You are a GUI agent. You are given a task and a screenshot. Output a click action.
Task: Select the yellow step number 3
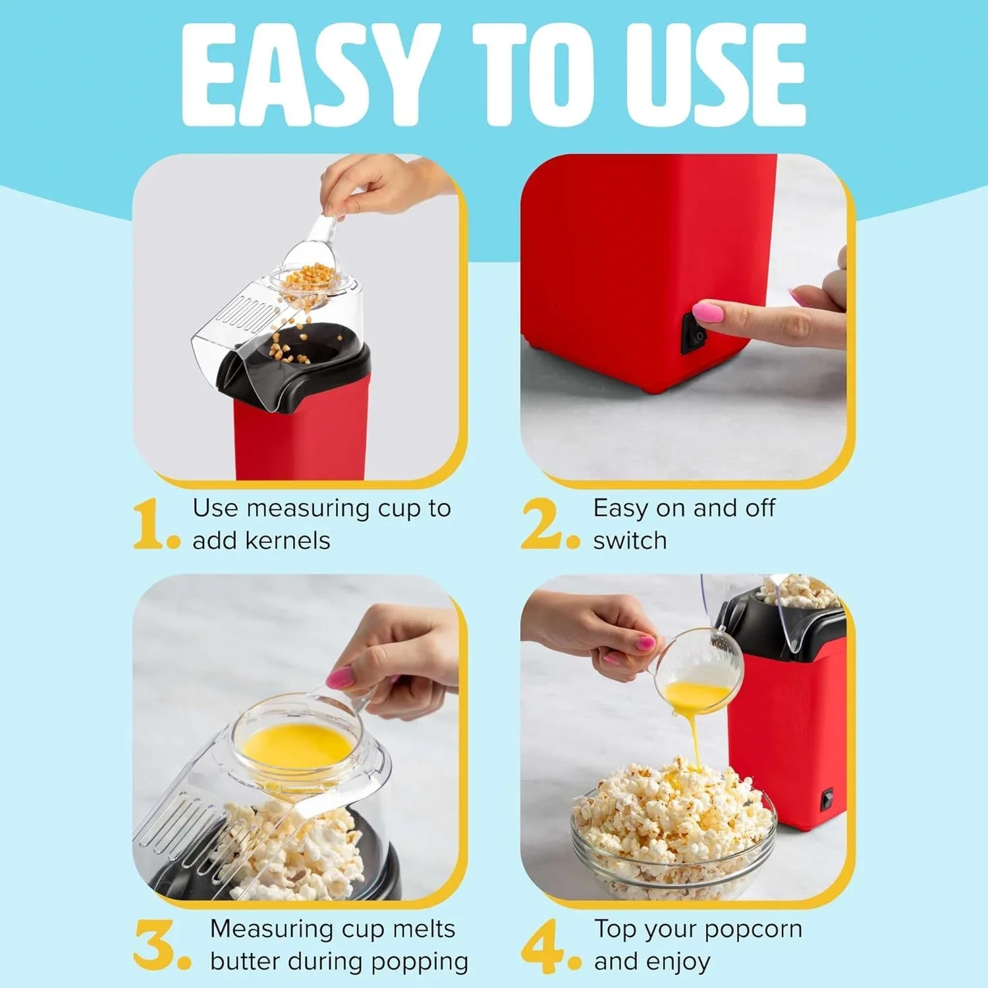(155, 945)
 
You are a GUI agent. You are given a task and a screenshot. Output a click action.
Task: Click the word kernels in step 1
(287, 541)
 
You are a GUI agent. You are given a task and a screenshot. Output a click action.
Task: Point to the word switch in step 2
(630, 541)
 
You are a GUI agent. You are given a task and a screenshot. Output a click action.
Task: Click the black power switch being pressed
(694, 333)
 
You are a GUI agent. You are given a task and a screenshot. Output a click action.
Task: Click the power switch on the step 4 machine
(827, 798)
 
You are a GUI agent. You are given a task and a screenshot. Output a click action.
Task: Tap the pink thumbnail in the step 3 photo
(341, 676)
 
